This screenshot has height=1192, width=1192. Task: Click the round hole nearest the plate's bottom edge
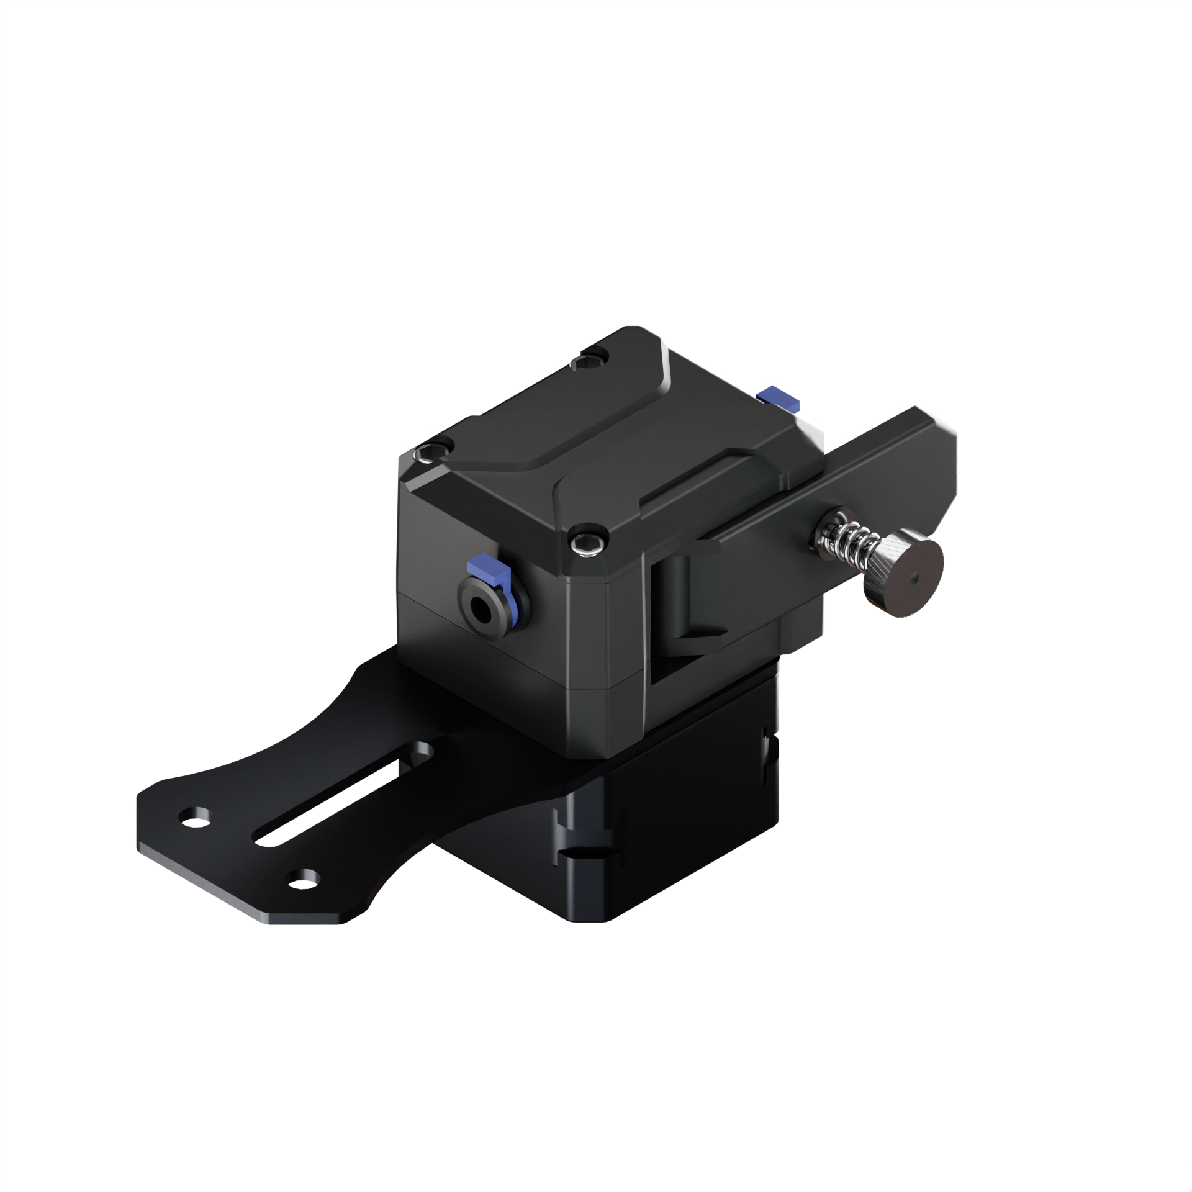point(305,878)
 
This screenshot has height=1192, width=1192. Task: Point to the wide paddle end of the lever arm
point(925,459)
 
